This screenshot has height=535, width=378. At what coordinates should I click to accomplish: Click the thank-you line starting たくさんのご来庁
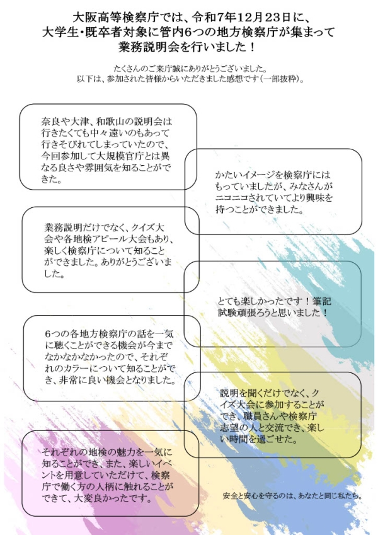click(x=190, y=69)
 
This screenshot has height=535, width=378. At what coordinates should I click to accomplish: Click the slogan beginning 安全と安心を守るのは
click(x=292, y=496)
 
